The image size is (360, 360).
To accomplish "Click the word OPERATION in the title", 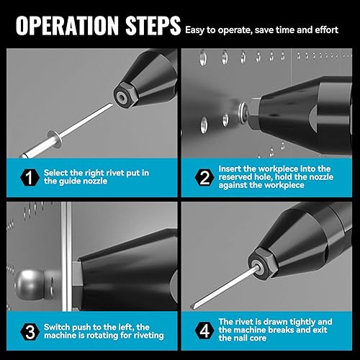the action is click(67, 26).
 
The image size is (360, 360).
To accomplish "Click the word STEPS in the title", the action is click(153, 26).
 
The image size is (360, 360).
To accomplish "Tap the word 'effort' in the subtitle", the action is click(326, 30).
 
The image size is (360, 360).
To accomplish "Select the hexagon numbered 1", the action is click(30, 178).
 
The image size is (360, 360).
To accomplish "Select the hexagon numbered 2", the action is click(204, 178).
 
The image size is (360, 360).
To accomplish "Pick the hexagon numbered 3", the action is click(30, 332).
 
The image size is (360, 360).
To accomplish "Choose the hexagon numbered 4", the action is click(204, 330).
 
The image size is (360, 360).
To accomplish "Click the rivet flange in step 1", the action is click(55, 138).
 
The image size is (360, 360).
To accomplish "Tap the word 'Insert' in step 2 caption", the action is click(230, 168).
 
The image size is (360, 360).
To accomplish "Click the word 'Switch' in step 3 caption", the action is click(57, 327).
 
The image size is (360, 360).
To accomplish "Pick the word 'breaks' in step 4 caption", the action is click(280, 330).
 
